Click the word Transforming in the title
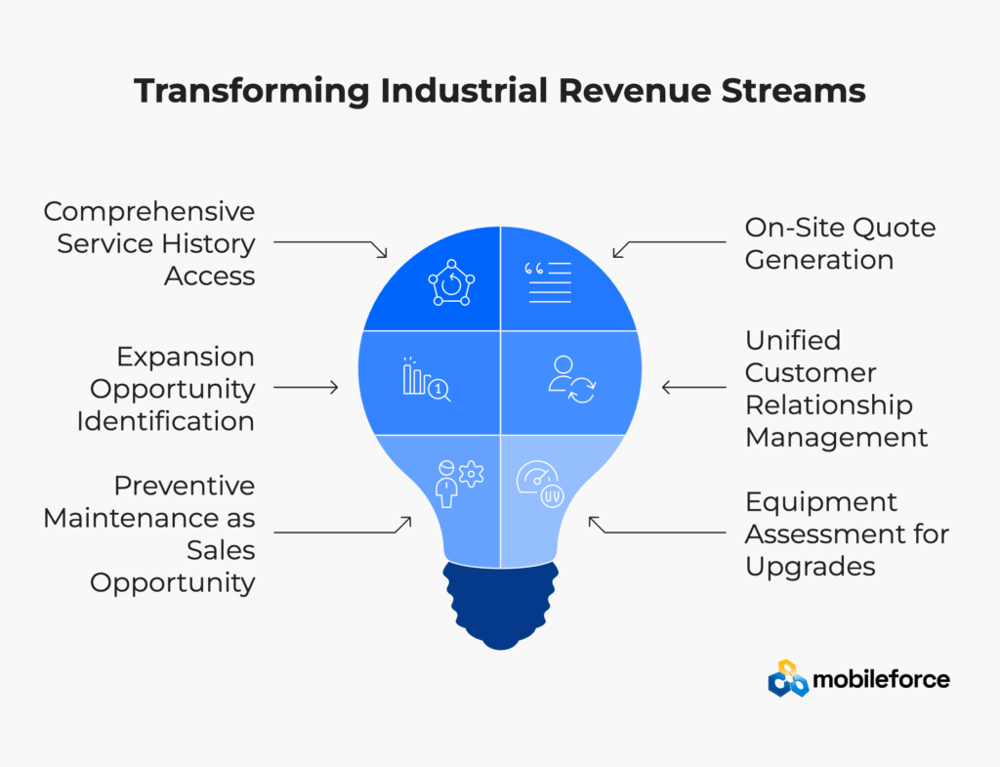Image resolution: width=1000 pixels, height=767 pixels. point(252,91)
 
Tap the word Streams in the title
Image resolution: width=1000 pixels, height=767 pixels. point(793,90)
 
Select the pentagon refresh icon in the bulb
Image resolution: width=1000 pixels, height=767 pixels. point(451,282)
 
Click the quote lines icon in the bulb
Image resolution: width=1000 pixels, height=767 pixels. point(548,282)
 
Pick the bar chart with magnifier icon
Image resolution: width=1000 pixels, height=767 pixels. point(427,379)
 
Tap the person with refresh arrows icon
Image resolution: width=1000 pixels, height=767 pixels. point(572,380)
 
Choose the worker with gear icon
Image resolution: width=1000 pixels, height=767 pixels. point(459,484)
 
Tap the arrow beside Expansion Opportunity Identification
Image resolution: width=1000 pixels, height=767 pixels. point(306,387)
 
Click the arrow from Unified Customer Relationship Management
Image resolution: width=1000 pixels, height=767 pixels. point(694,387)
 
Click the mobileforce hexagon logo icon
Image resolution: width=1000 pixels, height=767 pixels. point(788,678)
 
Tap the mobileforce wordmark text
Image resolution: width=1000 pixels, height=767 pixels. point(882,679)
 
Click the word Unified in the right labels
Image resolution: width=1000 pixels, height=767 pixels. point(793,340)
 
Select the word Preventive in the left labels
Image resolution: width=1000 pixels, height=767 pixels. point(185,486)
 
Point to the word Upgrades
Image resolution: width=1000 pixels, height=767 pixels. point(810,568)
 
